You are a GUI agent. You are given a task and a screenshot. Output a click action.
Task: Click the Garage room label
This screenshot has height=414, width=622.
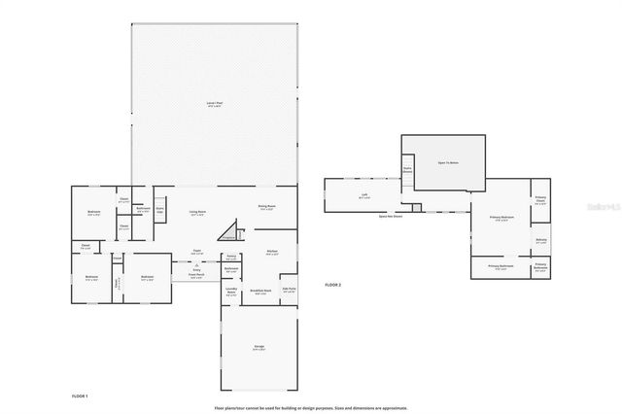[x=259, y=348]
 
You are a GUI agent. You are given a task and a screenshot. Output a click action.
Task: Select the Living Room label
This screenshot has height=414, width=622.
[x=197, y=213]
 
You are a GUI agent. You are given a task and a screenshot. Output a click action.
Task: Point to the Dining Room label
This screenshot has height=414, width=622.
[x=267, y=207]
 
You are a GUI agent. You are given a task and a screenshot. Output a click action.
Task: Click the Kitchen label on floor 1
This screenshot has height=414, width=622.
[x=272, y=253]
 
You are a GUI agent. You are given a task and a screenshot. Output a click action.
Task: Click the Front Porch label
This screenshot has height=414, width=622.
[x=197, y=276]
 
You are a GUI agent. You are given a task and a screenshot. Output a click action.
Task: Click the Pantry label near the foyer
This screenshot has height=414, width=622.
[x=231, y=257]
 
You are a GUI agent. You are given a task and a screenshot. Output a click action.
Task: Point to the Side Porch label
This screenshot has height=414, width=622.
[x=289, y=291]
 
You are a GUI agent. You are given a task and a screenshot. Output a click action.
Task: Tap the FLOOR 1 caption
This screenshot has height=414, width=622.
[x=80, y=397]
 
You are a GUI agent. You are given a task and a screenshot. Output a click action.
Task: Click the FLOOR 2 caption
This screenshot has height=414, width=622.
[x=333, y=285]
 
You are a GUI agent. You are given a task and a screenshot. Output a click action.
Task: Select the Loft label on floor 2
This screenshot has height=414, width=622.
[x=364, y=195]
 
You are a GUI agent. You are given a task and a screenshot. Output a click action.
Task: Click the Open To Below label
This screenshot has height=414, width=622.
[x=448, y=162]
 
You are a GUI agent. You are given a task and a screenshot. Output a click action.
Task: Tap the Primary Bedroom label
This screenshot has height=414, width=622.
[x=501, y=219]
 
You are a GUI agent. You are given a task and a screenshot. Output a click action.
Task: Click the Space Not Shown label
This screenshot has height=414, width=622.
[x=392, y=217]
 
